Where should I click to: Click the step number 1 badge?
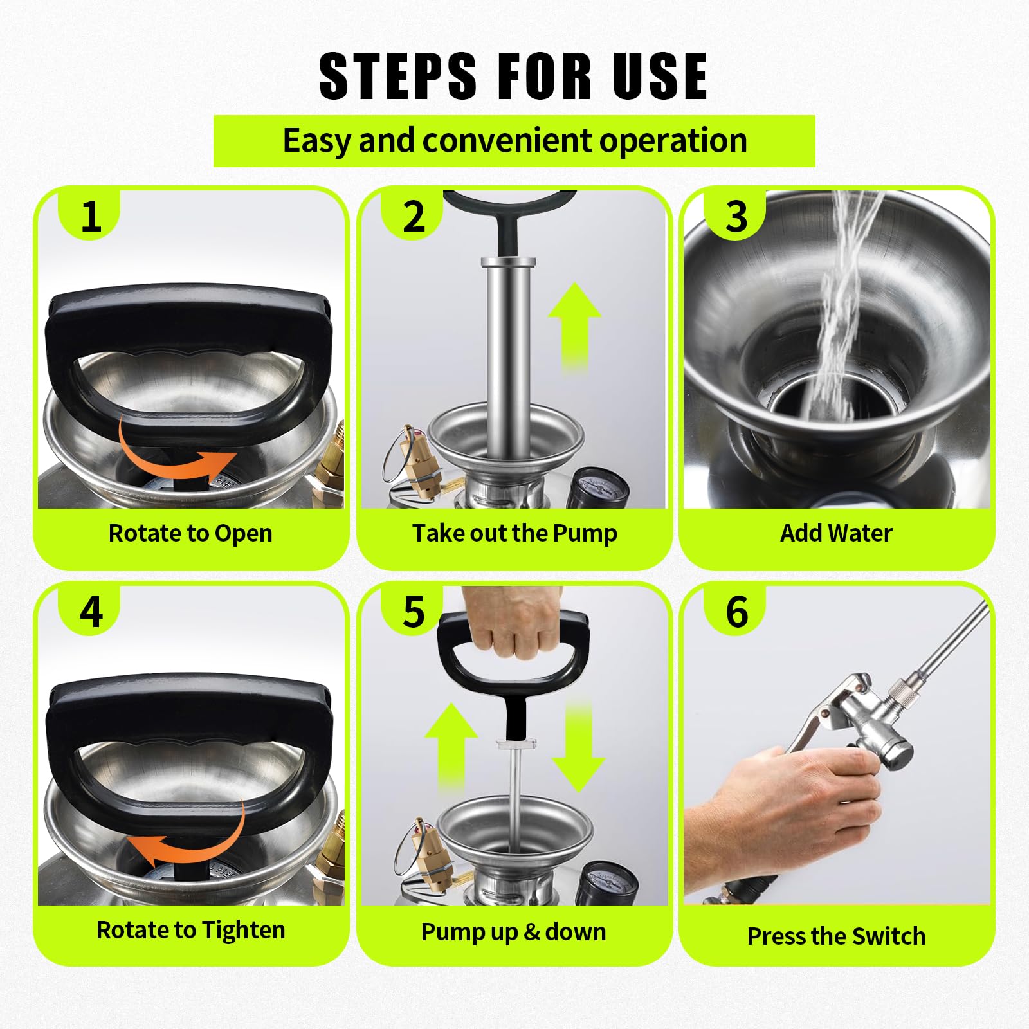[x=91, y=216]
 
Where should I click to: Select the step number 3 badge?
[x=736, y=216]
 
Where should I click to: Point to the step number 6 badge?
[x=736, y=612]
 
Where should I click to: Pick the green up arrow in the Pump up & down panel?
[x=451, y=746]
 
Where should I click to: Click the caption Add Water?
[x=836, y=533]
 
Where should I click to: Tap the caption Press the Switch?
[x=836, y=936]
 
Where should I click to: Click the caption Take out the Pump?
[x=514, y=533]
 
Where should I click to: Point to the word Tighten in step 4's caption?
[x=244, y=931]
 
